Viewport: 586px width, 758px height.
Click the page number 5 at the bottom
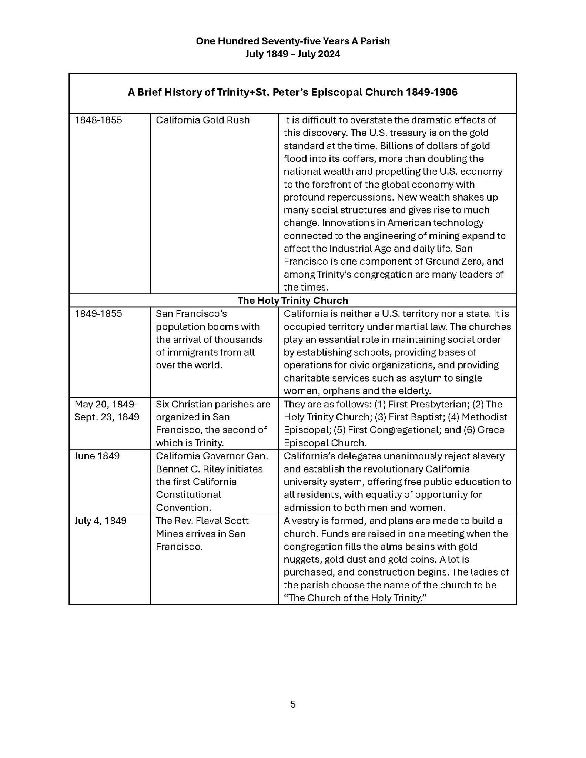click(293, 704)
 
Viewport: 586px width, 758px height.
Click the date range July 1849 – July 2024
click(292, 54)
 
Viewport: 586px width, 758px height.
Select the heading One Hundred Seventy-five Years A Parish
click(292, 41)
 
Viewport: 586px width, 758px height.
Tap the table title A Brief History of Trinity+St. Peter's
click(292, 92)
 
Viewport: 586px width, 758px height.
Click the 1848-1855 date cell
click(98, 120)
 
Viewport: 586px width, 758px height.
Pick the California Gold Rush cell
click(202, 120)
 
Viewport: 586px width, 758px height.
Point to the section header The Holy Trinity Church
click(292, 301)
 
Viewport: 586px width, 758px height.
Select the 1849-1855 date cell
click(98, 314)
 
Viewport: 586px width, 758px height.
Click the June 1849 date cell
click(97, 456)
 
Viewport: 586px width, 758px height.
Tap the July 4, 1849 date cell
click(100, 521)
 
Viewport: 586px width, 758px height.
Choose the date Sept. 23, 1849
click(107, 417)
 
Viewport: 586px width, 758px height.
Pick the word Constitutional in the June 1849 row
click(188, 494)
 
